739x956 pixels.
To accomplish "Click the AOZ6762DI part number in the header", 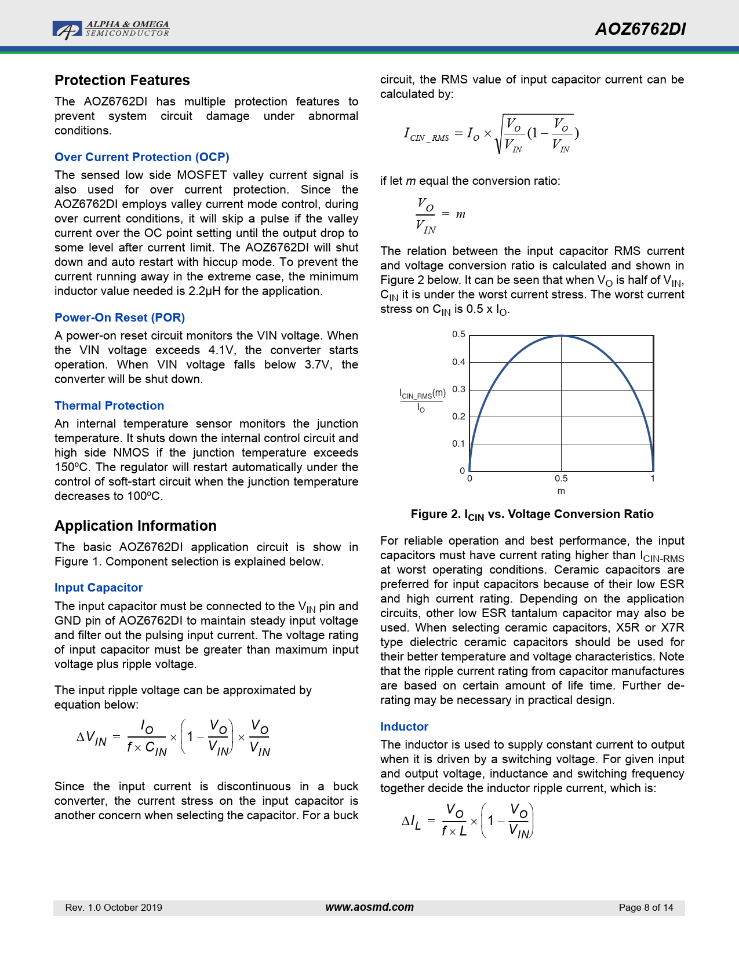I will click(640, 30).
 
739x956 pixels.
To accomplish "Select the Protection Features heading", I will click(122, 81).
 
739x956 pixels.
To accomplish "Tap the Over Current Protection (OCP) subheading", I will click(142, 157).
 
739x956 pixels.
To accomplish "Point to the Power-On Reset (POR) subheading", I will click(119, 318).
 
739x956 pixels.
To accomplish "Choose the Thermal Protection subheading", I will click(109, 406).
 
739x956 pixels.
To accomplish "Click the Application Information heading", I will click(136, 526).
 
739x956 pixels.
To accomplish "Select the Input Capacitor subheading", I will click(99, 588).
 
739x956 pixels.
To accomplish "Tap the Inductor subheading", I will click(404, 727).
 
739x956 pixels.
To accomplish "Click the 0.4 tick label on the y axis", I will click(458, 362).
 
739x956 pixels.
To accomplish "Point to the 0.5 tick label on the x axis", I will click(561, 479).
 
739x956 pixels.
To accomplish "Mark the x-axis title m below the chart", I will click(561, 491).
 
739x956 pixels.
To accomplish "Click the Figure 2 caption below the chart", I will click(532, 515).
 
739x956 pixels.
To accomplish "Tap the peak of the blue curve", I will click(561, 336).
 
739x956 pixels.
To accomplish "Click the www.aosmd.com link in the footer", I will click(370, 907).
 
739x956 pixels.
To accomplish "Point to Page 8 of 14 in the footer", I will click(646, 908).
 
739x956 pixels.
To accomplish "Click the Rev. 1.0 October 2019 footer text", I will click(114, 908).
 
